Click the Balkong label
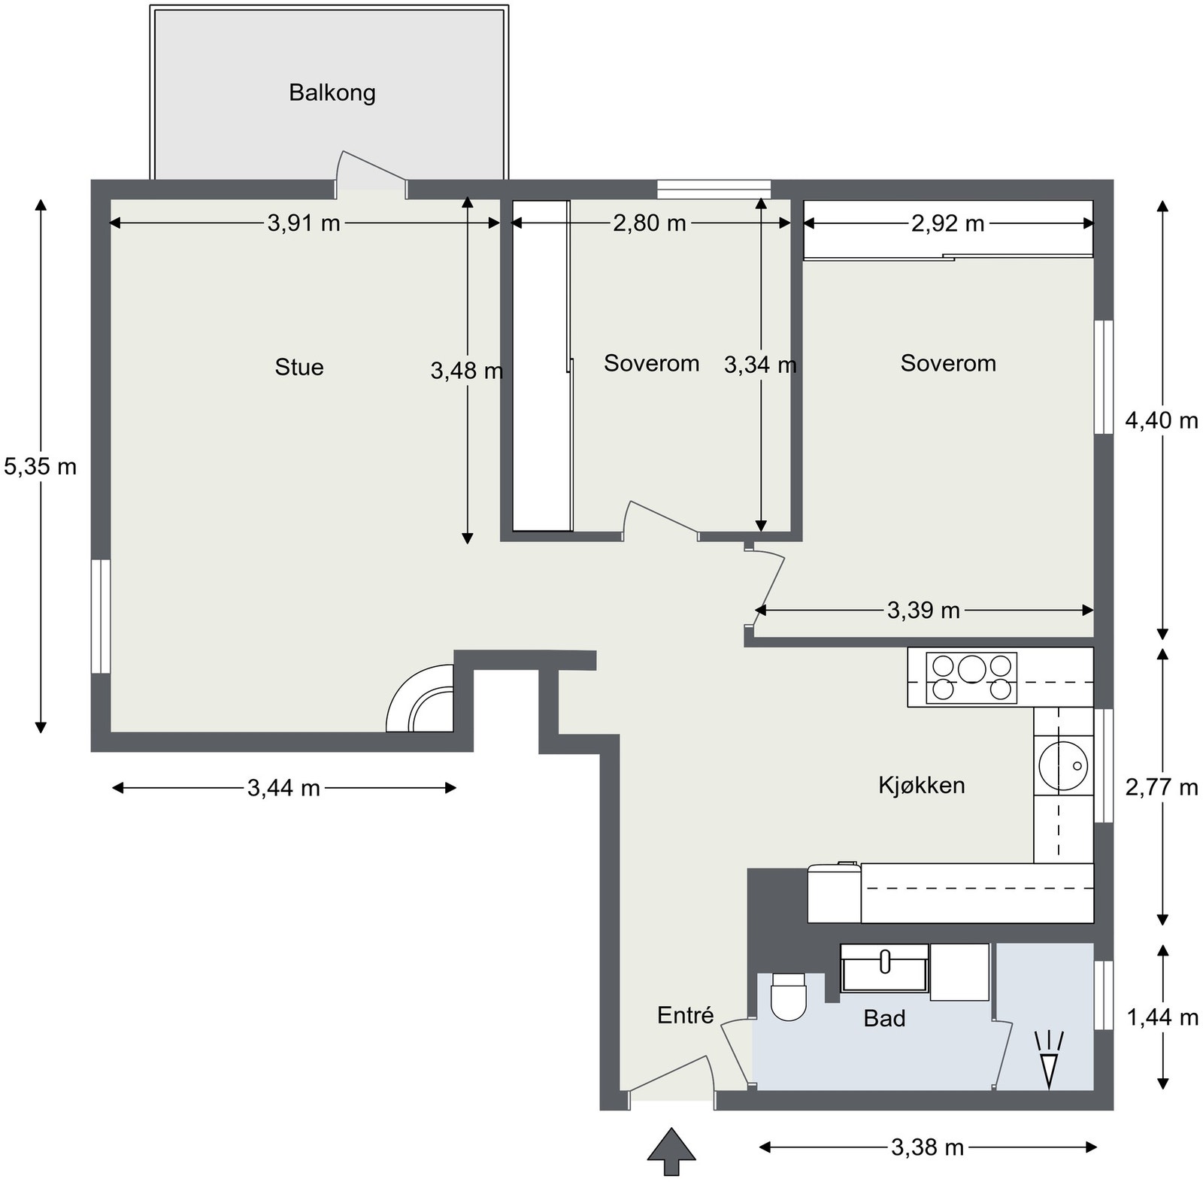coord(332,93)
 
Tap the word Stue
coord(299,367)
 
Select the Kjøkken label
coord(921,785)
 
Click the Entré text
coord(685,1015)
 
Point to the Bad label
coord(884,1018)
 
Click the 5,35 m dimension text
coord(41,467)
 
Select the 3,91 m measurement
coord(304,223)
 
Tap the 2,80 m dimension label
coord(650,223)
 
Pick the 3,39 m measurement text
coord(923,611)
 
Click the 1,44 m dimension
coord(1162,1017)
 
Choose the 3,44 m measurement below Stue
coord(284,788)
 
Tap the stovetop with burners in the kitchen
coord(971,678)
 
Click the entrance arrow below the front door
coord(671,1150)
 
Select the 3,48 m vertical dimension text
coord(466,370)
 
